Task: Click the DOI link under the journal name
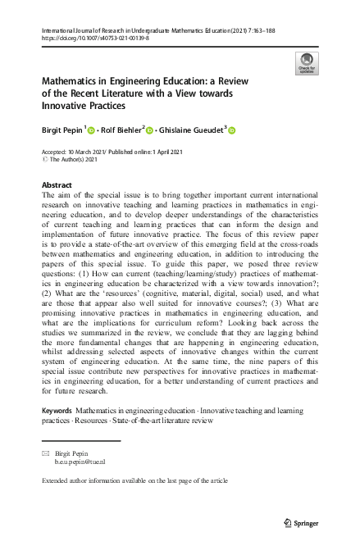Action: pyautogui.click(x=94, y=38)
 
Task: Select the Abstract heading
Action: pyautogui.click(x=56, y=186)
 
